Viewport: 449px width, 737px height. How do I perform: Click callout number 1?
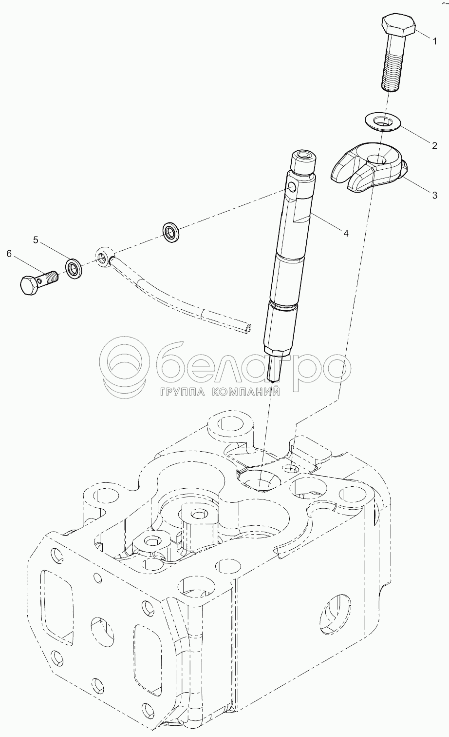(x=434, y=41)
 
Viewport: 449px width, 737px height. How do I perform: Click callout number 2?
(x=434, y=145)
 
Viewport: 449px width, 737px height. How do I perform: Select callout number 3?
(x=434, y=195)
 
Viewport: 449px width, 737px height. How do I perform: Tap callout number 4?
(x=345, y=233)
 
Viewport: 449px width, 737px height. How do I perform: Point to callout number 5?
(x=36, y=240)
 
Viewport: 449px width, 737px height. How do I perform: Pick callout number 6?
(x=9, y=253)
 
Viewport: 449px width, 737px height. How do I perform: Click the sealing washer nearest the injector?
(x=171, y=232)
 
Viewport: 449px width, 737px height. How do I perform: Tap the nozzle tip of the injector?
(x=273, y=379)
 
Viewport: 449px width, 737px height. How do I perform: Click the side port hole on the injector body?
(x=292, y=188)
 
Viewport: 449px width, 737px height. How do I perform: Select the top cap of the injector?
(x=304, y=160)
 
